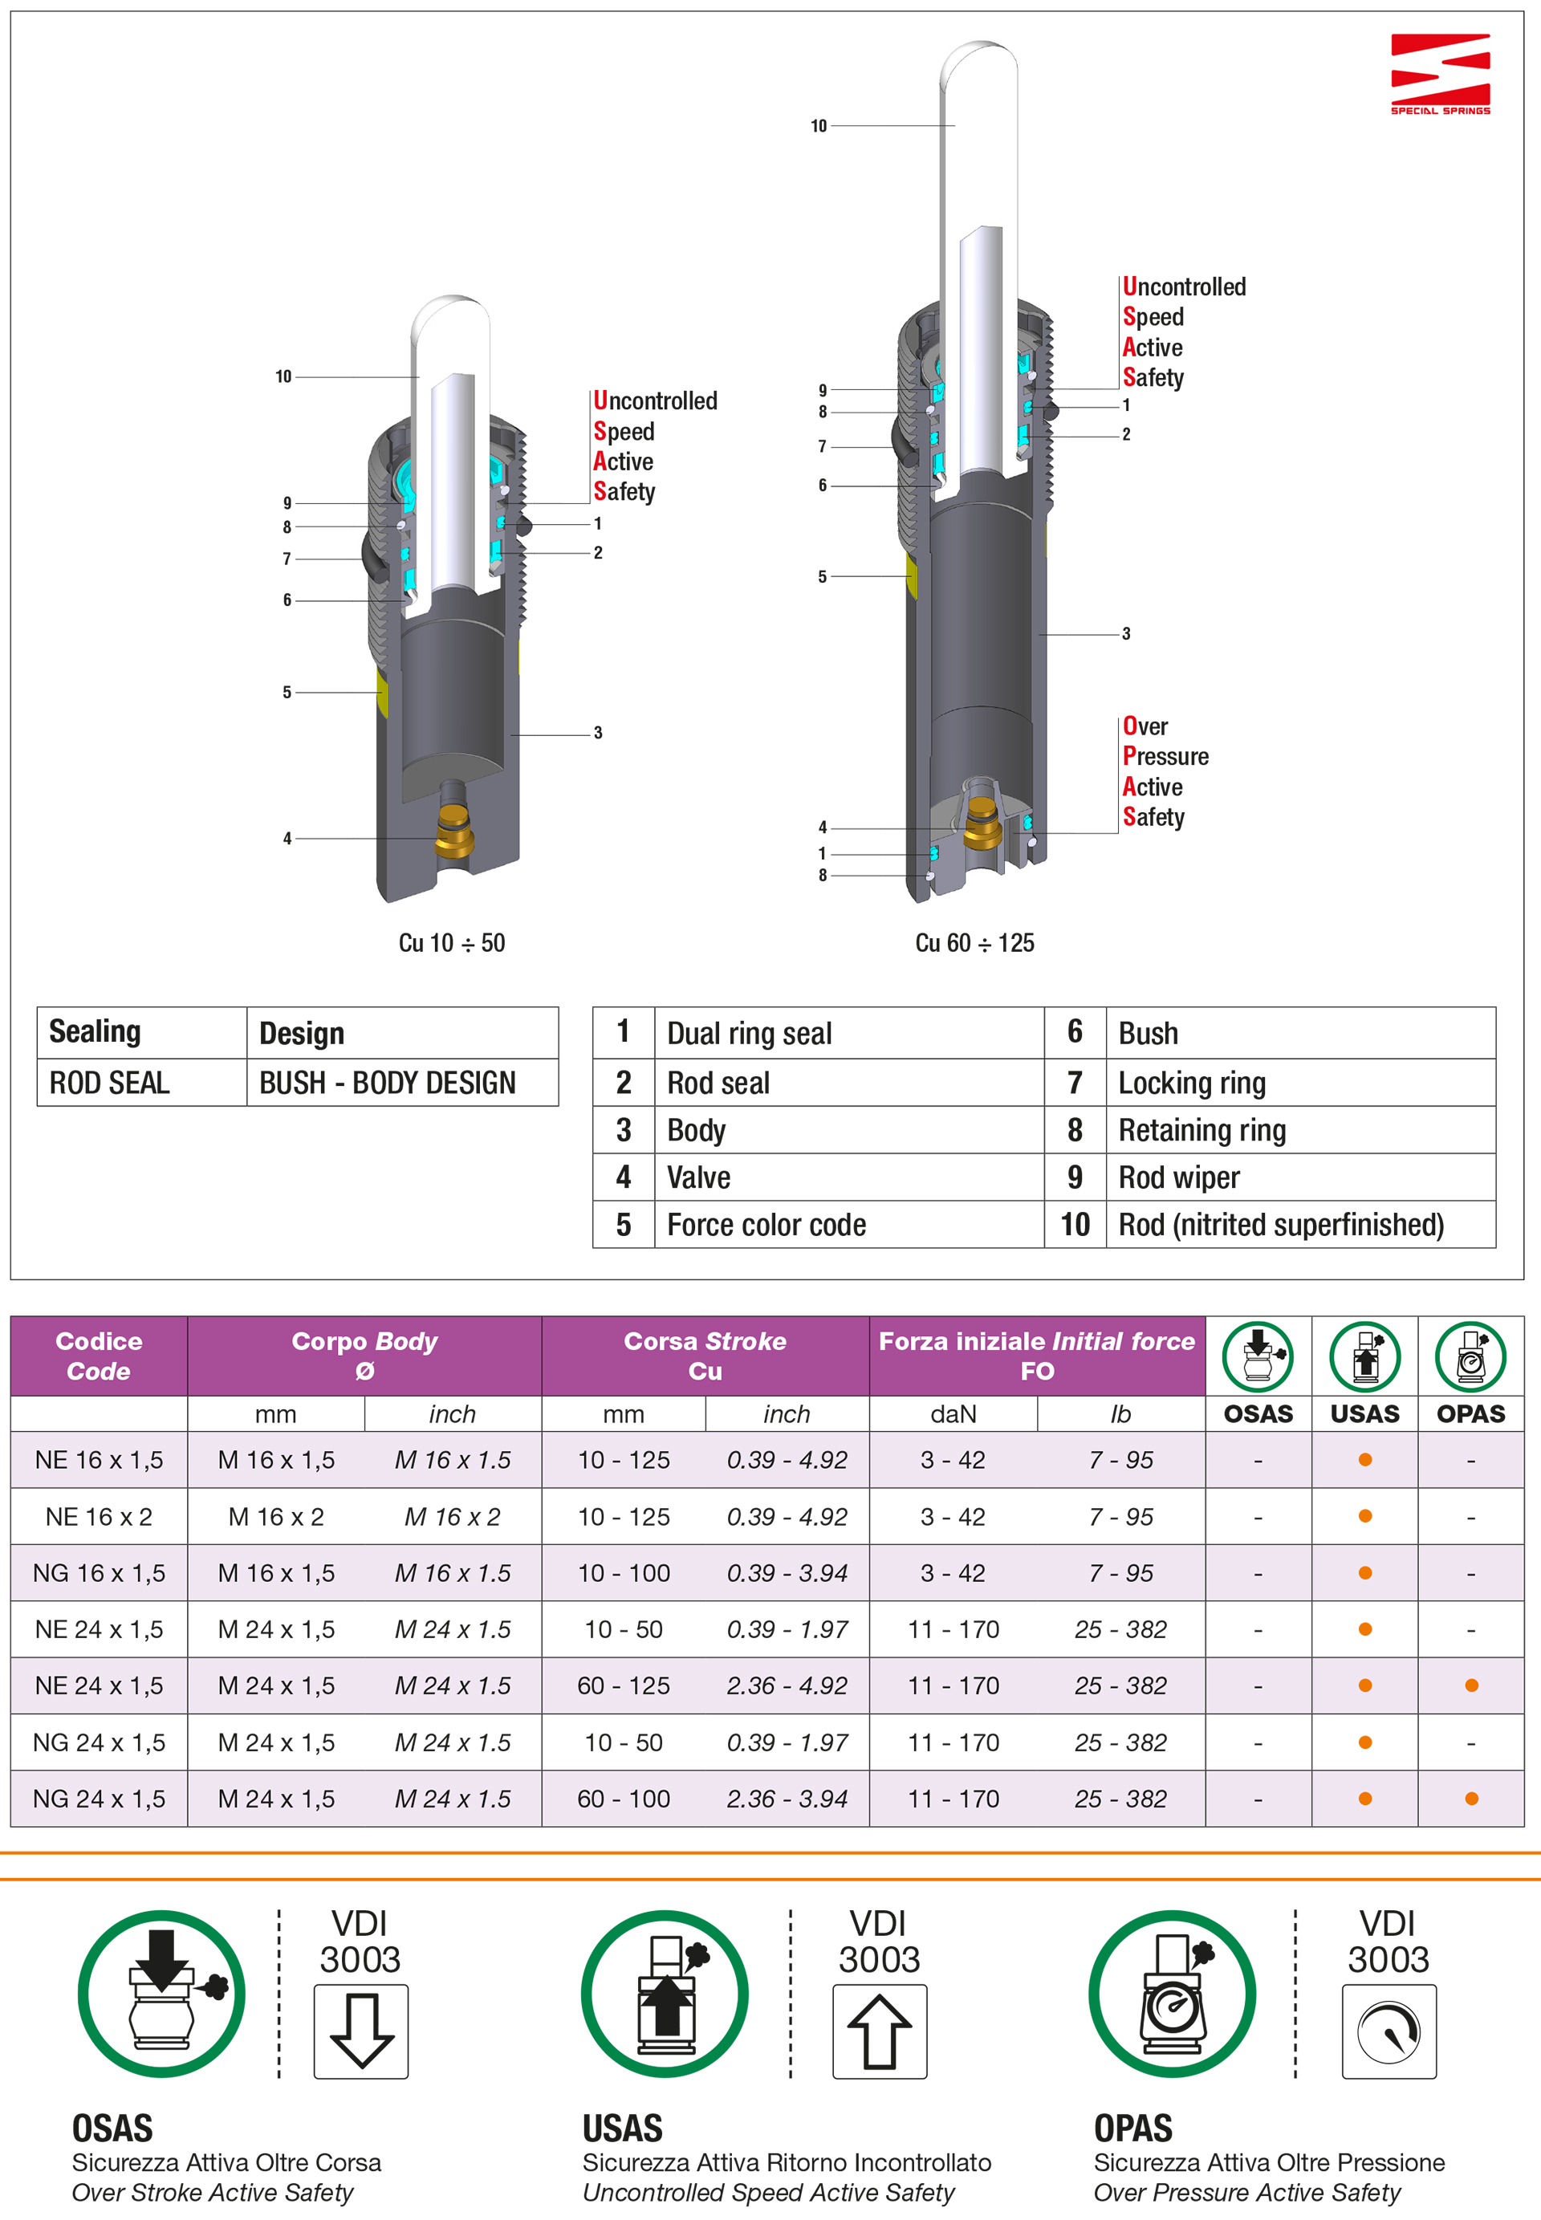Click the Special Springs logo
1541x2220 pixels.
click(1440, 73)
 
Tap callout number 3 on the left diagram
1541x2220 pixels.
click(598, 733)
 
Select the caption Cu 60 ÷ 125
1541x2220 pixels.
click(974, 942)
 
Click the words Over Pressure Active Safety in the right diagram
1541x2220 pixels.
click(1165, 771)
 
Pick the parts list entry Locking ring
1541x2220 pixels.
click(1192, 1083)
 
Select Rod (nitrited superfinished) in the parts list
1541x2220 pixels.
click(1280, 1225)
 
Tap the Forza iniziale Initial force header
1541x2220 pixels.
click(1036, 1355)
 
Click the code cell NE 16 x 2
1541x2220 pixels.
click(99, 1516)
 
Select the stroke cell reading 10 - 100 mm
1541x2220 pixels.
click(624, 1573)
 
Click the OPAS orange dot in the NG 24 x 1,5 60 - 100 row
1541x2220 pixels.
click(1470, 1798)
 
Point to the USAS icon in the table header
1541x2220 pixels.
click(1364, 1355)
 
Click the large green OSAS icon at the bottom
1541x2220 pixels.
click(161, 1993)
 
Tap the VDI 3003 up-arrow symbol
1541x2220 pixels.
click(879, 2031)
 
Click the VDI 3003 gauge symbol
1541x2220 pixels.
click(1388, 2031)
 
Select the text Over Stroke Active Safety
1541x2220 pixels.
click(213, 2192)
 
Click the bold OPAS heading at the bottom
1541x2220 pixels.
click(1132, 2129)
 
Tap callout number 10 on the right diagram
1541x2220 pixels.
click(819, 125)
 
